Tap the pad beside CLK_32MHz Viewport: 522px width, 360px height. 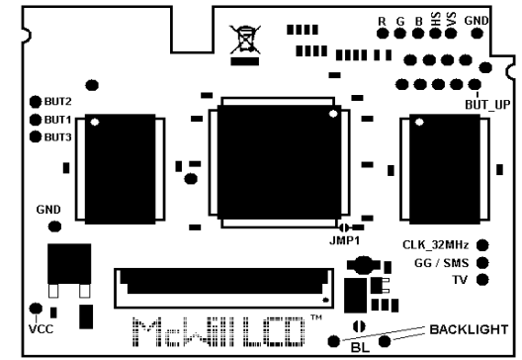pos(482,244)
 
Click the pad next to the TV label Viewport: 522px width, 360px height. pos(482,281)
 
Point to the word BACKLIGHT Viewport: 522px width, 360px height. pos(470,329)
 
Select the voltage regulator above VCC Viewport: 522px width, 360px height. pos(67,264)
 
